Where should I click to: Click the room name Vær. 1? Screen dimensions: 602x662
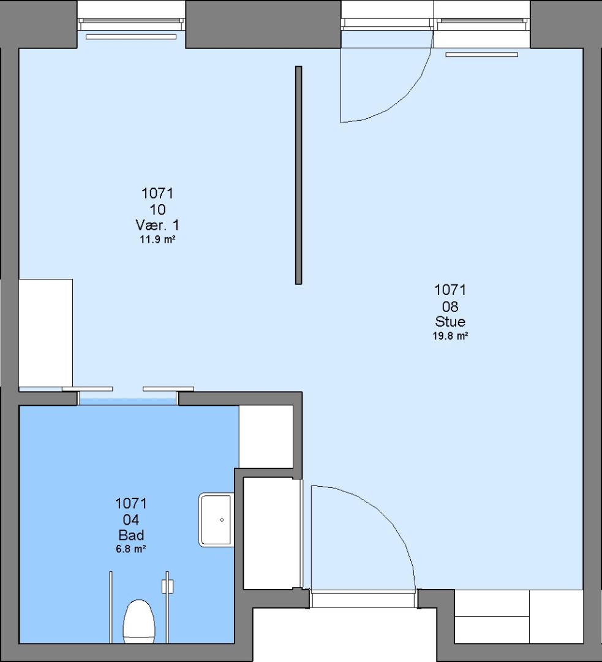pos(157,224)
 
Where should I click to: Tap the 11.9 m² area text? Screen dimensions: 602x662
pos(157,240)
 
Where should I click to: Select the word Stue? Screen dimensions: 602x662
pos(450,322)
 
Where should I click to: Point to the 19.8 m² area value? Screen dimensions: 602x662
pos(450,336)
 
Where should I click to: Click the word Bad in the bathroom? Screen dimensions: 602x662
pos(131,535)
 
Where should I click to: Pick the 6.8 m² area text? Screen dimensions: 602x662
pos(131,549)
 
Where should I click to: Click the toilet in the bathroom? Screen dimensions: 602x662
pos(139,622)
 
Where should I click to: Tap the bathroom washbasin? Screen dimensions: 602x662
pos(216,520)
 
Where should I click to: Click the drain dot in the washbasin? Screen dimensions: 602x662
pos(222,520)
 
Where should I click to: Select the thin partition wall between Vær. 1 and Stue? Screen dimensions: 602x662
pos(299,175)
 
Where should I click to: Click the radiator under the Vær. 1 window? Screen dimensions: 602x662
pos(131,37)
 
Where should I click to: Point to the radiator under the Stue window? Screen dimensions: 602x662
pos(482,55)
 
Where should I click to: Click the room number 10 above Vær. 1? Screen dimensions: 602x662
pos(157,210)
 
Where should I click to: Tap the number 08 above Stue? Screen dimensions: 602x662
pos(450,306)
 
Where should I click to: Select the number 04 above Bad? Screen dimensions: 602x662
pos(131,520)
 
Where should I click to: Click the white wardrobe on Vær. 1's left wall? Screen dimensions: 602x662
pos(45,333)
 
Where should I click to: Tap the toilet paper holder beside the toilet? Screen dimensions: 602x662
pos(167,587)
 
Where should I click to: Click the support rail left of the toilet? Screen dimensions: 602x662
pos(111,607)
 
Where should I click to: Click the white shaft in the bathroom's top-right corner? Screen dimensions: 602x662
pos(266,436)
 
